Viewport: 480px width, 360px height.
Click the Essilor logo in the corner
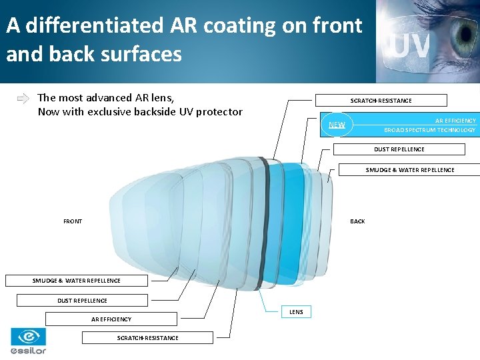tap(28, 341)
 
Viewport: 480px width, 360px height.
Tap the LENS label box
tap(296, 312)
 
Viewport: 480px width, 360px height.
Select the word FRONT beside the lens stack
tap(73, 221)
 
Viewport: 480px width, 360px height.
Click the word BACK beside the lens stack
tap(357, 221)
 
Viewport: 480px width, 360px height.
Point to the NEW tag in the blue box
tap(337, 125)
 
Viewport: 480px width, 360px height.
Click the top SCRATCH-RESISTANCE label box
tap(381, 101)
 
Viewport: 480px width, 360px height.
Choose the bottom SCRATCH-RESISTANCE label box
tap(147, 338)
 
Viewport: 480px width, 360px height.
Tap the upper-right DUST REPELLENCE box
tap(399, 149)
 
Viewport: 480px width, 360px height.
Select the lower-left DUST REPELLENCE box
tap(82, 301)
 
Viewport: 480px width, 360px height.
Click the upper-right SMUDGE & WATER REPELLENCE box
tap(409, 170)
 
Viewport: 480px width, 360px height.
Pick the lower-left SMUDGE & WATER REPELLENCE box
tap(77, 281)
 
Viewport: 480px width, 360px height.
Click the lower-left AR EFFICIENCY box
tap(111, 319)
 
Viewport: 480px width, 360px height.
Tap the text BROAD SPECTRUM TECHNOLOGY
tap(429, 130)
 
